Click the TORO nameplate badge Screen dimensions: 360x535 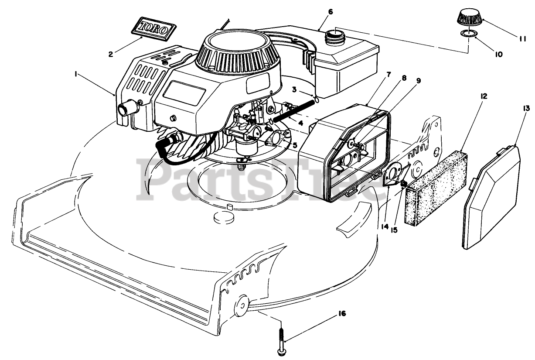(154, 27)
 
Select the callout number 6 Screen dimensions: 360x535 (330, 12)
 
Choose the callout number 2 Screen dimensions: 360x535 (111, 54)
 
